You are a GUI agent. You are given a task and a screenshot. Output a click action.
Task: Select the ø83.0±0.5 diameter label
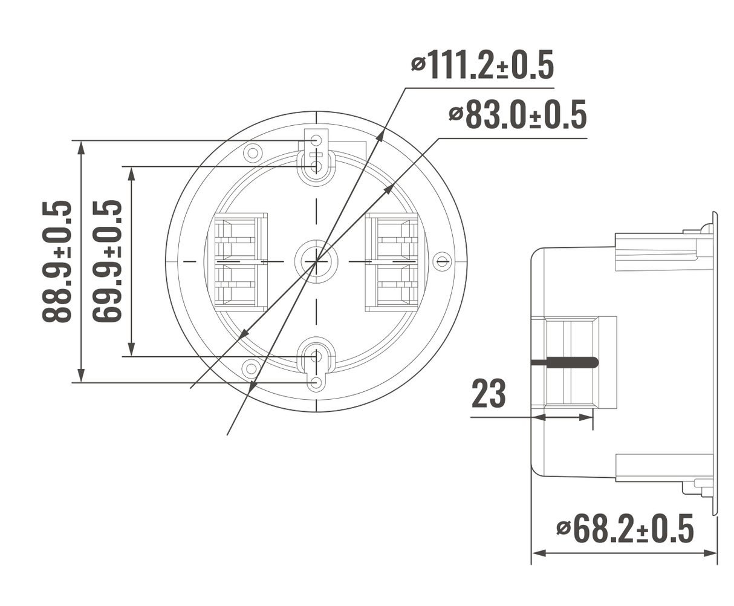(518, 115)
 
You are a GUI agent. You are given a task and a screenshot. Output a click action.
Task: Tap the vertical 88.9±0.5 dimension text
(57, 261)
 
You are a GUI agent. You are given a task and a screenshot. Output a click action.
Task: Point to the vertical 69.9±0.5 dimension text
(108, 261)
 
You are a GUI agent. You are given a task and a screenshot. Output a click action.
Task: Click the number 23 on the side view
(488, 394)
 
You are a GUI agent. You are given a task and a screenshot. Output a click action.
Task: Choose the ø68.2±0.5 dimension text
(625, 529)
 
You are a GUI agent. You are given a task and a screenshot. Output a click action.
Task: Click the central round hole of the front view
(316, 261)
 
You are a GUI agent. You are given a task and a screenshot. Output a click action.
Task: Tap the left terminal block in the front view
(241, 261)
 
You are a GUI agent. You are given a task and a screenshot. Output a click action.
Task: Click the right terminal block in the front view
(392, 261)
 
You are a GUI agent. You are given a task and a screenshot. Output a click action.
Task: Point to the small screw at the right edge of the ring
(443, 261)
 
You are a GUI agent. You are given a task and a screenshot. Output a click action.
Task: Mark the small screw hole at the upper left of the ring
(252, 151)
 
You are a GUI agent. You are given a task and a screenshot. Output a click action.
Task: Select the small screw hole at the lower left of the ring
(249, 368)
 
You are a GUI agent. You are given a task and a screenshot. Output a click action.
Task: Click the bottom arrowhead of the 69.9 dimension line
(131, 350)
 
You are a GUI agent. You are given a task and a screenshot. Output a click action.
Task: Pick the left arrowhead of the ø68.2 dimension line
(538, 553)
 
